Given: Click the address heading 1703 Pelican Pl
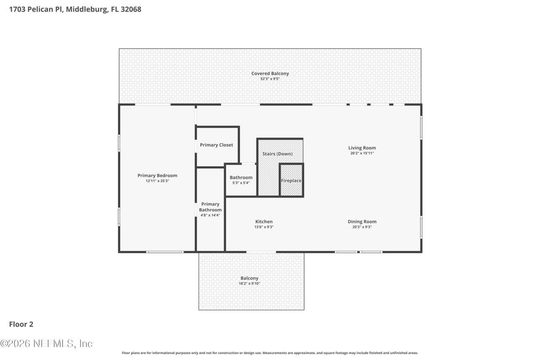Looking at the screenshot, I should (x=75, y=9).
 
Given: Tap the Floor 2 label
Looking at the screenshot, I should (x=21, y=324).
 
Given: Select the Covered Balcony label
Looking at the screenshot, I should (x=270, y=73).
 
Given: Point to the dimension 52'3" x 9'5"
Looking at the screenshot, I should (x=270, y=79).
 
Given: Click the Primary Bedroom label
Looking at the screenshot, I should (x=157, y=176).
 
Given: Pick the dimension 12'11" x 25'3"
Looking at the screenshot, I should (x=157, y=181).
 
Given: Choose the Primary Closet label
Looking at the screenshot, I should (x=216, y=145).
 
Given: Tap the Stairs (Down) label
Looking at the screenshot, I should (x=277, y=154).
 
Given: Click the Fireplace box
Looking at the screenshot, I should (x=291, y=181).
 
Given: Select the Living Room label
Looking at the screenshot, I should (x=362, y=148).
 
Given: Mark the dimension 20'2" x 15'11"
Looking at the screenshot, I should (x=362, y=153).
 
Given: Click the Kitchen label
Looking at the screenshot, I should (x=264, y=222).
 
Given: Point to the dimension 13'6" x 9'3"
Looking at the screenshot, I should (x=264, y=227).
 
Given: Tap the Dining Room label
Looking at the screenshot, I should (x=362, y=222).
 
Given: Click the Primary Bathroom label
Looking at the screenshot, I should (x=210, y=207).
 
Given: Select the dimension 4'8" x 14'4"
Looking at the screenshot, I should (x=210, y=215).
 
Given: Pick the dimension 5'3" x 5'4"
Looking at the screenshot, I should (x=241, y=183).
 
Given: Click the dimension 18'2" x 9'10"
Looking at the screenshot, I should (x=249, y=284).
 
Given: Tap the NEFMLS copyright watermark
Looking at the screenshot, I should (x=46, y=344).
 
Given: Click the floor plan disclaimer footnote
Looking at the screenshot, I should (x=270, y=353).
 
